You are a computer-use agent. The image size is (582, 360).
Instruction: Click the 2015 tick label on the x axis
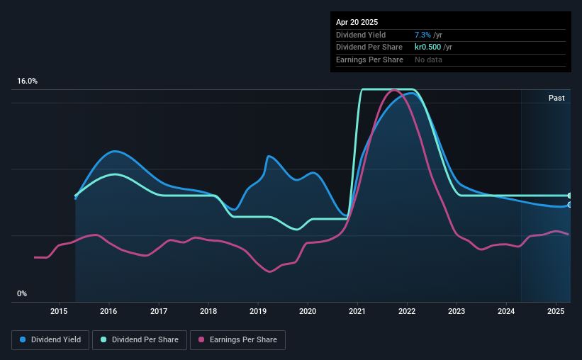tap(59, 311)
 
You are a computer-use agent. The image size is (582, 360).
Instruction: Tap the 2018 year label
tap(208, 311)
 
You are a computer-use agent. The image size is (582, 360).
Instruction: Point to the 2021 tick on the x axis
tap(357, 311)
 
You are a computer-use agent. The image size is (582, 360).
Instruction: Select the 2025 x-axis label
tap(556, 311)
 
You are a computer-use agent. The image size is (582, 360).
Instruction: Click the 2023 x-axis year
tap(457, 311)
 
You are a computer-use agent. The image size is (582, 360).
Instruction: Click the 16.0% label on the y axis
tap(27, 81)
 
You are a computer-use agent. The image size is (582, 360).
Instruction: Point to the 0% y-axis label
tap(22, 293)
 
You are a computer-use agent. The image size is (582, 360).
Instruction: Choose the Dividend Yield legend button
tap(50, 340)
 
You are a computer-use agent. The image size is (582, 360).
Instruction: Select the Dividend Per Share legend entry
tap(140, 340)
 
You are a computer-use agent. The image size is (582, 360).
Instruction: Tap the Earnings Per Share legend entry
tap(237, 340)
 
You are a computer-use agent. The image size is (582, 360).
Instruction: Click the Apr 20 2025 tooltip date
tap(357, 22)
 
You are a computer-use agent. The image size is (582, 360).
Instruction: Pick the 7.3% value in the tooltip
tap(422, 35)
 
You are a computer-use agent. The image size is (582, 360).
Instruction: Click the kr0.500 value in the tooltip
tap(427, 47)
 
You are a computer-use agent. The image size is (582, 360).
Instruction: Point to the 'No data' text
tap(428, 60)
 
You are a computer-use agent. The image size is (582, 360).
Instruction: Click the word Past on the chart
tap(556, 98)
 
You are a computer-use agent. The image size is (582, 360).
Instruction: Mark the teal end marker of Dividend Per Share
tap(570, 196)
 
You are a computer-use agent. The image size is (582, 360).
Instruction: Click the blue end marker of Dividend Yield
tap(570, 205)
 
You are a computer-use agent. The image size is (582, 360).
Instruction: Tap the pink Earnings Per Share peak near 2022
tap(394, 90)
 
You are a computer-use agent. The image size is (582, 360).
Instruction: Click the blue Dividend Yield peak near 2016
tap(115, 151)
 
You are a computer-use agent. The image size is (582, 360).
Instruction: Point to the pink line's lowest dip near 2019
tap(269, 271)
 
